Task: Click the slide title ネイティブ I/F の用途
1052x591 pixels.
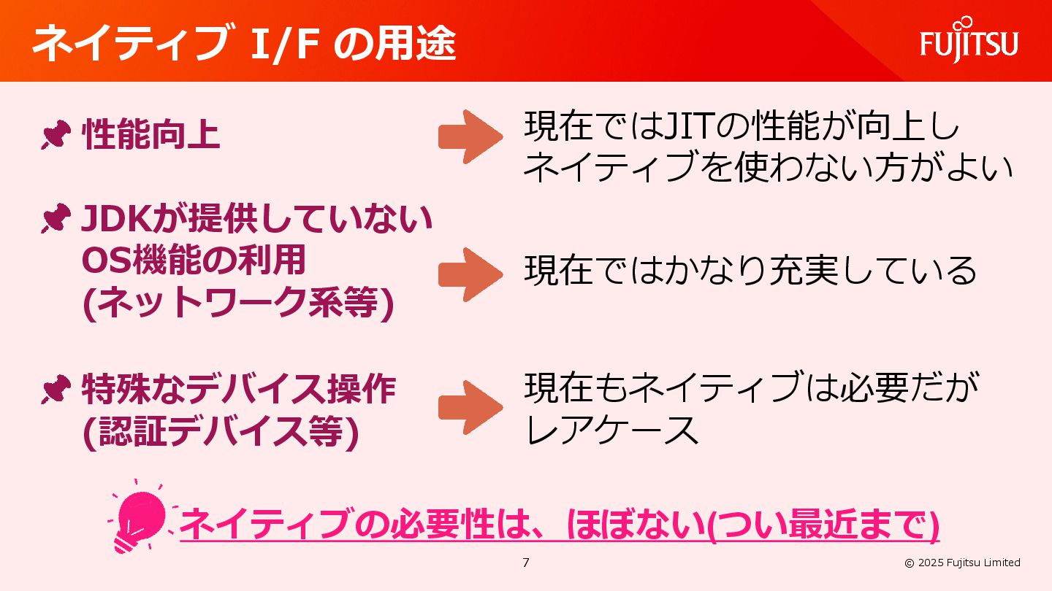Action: pos(244,44)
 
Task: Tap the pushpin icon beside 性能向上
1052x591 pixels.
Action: pos(56,136)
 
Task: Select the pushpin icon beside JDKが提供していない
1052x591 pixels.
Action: pos(56,220)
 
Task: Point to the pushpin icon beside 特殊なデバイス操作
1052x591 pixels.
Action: pos(56,391)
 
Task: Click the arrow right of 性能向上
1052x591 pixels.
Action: pos(470,137)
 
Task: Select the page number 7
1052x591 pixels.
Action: pos(526,563)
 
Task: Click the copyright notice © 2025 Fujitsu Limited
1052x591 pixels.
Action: pos(962,563)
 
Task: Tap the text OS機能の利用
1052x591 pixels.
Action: pos(194,260)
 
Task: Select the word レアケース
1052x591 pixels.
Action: pos(612,430)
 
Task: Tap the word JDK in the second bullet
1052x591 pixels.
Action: pos(115,220)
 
